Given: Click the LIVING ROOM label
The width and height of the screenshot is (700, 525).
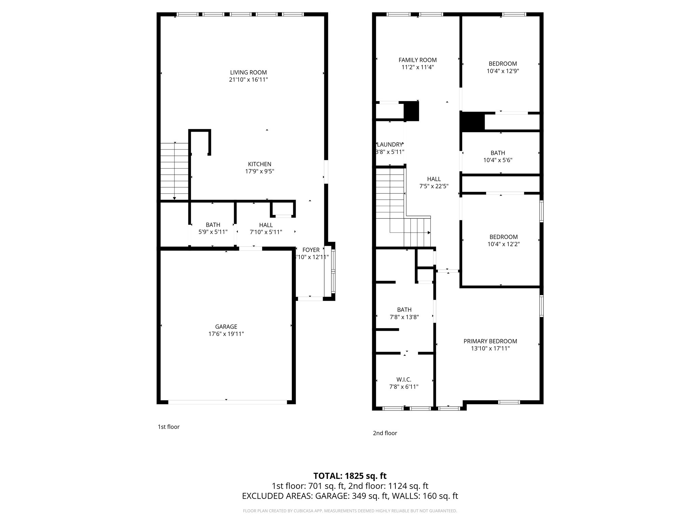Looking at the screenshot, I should (x=248, y=72).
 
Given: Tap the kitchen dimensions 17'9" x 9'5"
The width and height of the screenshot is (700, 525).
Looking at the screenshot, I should (x=259, y=171).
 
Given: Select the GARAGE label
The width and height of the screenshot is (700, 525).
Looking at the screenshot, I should (x=226, y=326).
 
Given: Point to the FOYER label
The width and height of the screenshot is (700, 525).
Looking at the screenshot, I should (x=311, y=250).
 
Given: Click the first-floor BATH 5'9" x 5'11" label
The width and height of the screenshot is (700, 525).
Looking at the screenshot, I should (x=213, y=225).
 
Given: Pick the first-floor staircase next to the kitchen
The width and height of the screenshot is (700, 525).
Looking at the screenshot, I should (x=174, y=171).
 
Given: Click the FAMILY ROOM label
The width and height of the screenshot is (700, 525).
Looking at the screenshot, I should (x=417, y=60).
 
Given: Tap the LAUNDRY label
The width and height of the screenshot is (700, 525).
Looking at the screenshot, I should (x=390, y=145).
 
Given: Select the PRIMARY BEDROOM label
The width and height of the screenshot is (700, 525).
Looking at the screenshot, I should (x=490, y=341).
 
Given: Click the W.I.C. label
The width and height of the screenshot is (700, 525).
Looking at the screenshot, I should (x=404, y=379).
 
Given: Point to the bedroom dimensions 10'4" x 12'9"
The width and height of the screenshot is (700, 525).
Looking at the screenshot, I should (x=502, y=71).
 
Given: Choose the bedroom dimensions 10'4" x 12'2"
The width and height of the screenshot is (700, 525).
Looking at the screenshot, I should (x=503, y=244).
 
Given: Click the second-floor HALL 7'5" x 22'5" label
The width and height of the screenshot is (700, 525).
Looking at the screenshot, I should (x=434, y=179).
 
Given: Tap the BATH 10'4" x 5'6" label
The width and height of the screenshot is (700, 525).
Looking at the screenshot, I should (x=498, y=153).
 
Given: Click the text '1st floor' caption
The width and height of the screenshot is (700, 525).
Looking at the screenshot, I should (x=169, y=427).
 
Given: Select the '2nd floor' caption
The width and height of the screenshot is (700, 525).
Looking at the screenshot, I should (x=385, y=433).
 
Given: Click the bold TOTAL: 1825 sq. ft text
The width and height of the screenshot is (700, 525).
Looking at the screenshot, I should (x=350, y=476).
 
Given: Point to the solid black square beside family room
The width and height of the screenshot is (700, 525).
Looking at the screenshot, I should (x=411, y=111).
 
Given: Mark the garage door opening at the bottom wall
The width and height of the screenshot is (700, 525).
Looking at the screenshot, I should (x=227, y=402).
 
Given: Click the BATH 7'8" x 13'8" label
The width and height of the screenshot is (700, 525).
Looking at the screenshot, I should (x=404, y=310).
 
